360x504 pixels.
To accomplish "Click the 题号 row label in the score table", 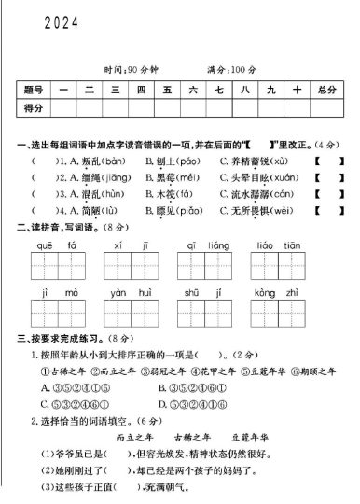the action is coord(34,90).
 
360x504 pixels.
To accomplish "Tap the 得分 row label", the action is coord(34,109).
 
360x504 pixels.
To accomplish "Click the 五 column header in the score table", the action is coord(168,90).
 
